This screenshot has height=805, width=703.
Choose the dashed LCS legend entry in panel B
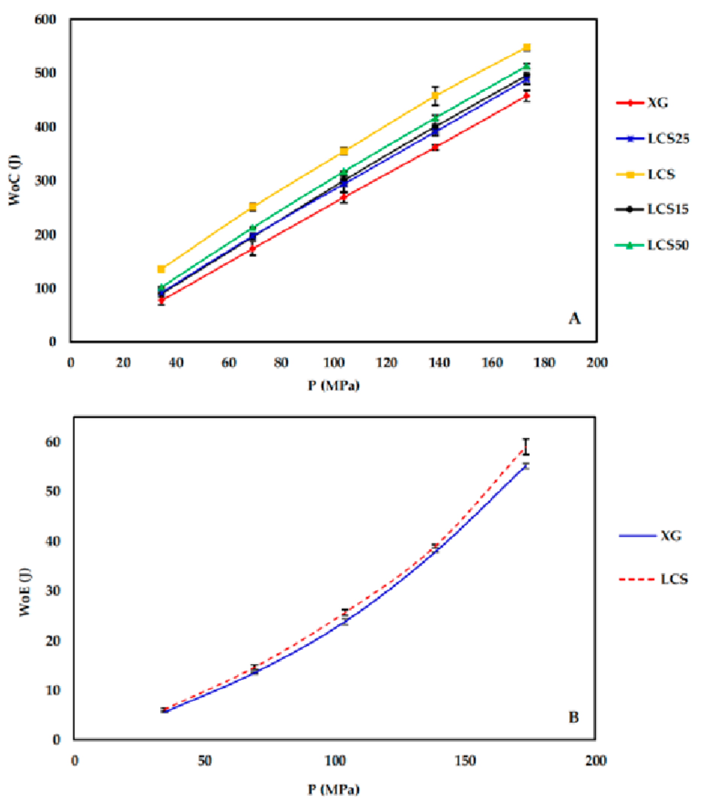pos(653,579)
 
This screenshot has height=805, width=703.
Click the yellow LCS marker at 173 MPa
pos(527,48)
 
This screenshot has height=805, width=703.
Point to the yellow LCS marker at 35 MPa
pos(161,269)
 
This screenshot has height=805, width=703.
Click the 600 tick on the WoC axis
pos(46,19)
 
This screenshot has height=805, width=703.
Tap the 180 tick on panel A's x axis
pos(544,363)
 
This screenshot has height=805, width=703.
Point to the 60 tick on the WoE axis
pos(53,442)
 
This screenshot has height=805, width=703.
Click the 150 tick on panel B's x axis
pos(465,761)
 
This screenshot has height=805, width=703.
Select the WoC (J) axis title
pos(15,180)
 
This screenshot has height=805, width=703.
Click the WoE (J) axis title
pos(25,592)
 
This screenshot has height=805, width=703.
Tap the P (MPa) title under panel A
pos(334,386)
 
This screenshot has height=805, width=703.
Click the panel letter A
pos(574,318)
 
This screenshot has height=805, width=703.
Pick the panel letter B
pos(574,718)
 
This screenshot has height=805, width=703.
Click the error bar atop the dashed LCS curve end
pos(526,447)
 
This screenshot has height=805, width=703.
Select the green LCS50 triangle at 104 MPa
pos(344,172)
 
